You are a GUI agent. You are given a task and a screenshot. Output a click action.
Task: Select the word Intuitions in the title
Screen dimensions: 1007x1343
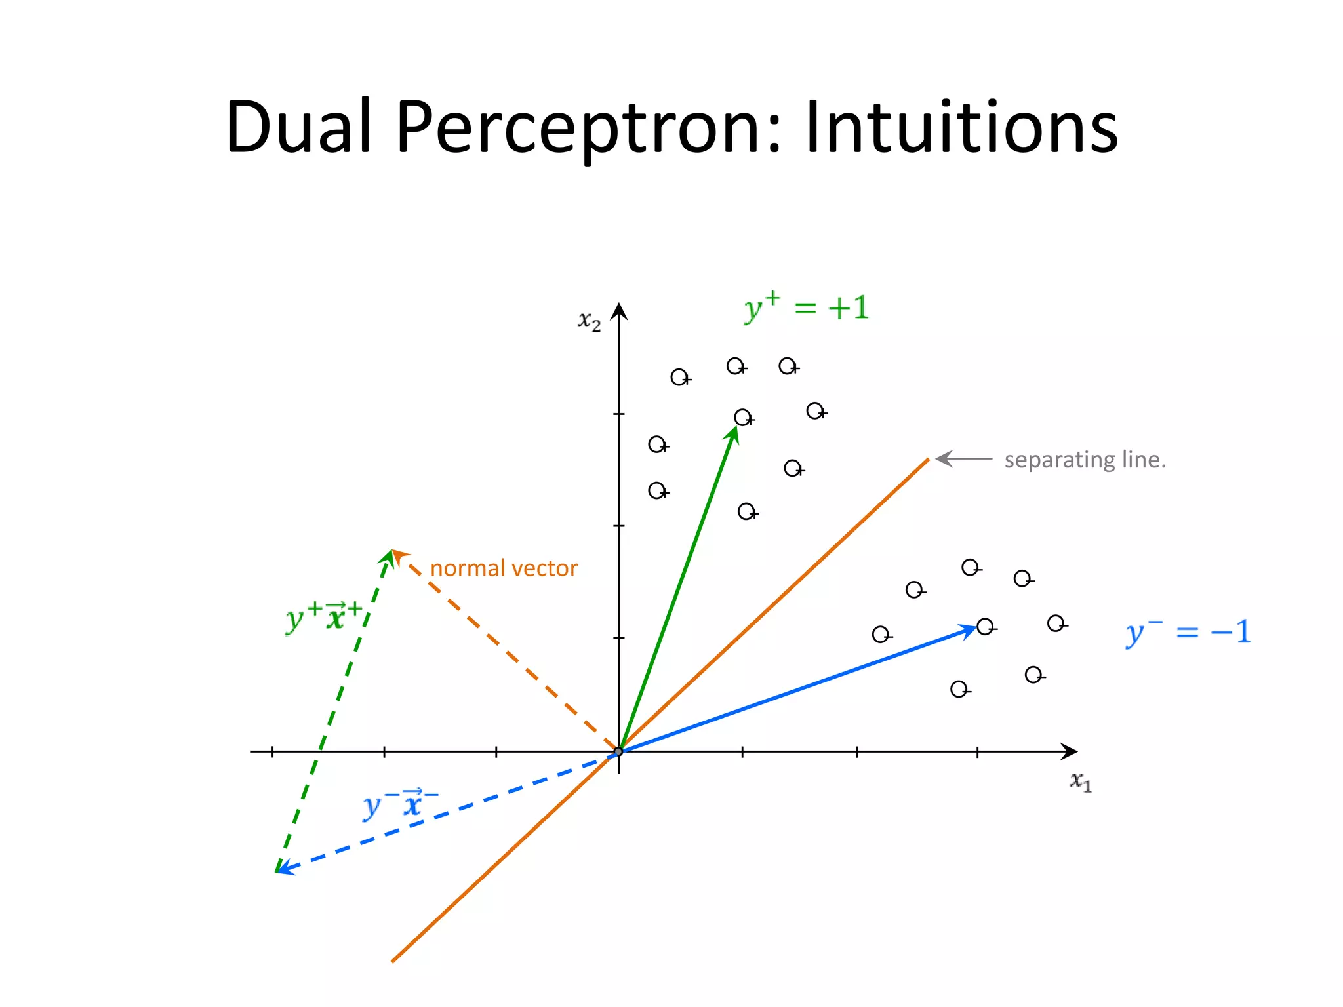coord(961,127)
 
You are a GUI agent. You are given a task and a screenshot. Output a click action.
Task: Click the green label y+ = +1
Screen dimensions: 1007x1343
coord(807,307)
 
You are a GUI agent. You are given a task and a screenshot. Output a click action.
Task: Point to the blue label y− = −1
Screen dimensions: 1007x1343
coord(1188,632)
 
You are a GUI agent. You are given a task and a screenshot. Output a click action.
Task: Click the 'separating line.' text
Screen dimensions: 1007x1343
coord(1085,460)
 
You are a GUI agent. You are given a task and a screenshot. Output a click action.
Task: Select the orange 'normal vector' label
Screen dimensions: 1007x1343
coord(504,568)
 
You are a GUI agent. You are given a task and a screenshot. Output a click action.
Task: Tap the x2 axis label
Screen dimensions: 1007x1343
coord(589,321)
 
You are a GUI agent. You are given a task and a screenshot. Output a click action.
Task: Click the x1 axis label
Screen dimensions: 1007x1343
coord(1081,781)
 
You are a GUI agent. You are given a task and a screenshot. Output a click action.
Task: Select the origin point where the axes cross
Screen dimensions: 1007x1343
coord(618,751)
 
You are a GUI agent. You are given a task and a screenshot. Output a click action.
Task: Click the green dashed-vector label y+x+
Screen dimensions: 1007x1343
coord(324,616)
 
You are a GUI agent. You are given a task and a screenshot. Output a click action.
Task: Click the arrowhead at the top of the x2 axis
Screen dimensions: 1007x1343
coord(618,311)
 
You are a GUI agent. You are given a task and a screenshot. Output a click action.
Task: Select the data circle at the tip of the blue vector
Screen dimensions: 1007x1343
coord(984,627)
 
